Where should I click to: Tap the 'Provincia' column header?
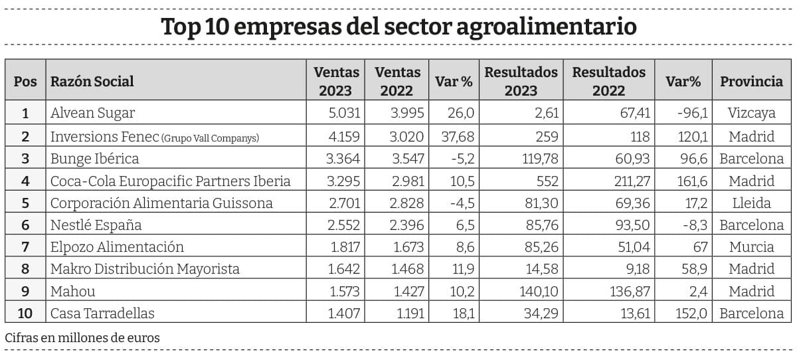pos(751,81)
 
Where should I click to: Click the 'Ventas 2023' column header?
pos(336,81)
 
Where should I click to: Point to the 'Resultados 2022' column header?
pos(608,81)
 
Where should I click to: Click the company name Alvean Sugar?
pos(93,113)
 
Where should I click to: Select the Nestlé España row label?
pos(96,225)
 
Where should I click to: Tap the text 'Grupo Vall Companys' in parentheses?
pos(210,137)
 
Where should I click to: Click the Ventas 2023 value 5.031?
pos(345,113)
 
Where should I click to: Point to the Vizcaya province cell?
pos(751,113)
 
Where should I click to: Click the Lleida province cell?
pos(751,203)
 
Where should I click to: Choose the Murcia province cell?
pos(751,247)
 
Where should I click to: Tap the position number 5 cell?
pos(25,203)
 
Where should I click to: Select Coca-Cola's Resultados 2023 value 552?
pos(546,180)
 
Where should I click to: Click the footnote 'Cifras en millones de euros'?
pos(82,337)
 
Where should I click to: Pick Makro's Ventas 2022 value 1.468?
pos(406,269)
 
